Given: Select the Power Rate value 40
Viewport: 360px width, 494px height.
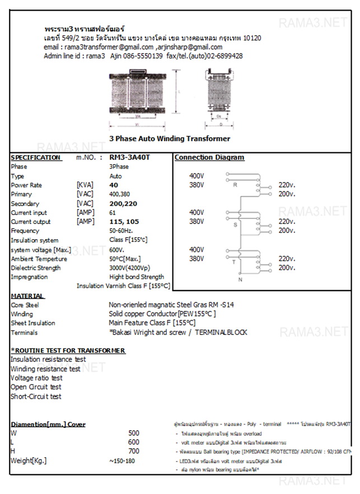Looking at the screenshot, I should (114, 185).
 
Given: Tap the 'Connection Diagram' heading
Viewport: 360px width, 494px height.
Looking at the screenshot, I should (209, 158).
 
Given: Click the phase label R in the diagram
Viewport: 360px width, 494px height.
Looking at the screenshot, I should (235, 185).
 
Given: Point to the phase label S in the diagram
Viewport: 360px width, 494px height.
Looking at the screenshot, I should (235, 223).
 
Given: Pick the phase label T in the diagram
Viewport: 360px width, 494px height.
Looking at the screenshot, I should (235, 262).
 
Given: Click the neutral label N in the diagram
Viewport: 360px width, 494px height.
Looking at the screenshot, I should (240, 279).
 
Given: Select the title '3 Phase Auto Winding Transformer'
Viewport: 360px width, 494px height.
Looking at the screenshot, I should (169, 138).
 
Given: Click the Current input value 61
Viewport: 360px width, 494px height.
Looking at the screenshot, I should (113, 213).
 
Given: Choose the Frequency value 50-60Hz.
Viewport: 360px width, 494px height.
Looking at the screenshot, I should (121, 231).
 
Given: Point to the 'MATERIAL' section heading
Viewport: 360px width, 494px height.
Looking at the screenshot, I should (27, 296).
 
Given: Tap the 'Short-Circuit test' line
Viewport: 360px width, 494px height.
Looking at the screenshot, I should (36, 397).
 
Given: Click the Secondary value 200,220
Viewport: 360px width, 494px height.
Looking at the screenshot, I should (123, 204).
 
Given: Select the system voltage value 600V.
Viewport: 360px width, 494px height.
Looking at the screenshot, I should (116, 250).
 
